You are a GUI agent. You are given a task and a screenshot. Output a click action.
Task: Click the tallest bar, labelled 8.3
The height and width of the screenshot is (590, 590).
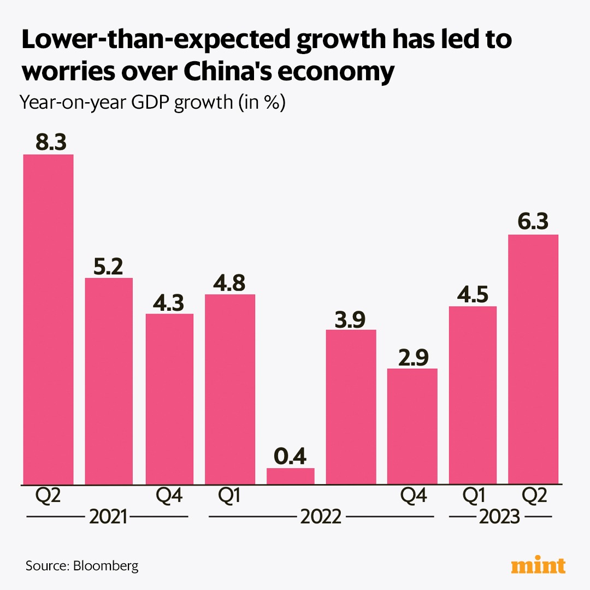(48, 319)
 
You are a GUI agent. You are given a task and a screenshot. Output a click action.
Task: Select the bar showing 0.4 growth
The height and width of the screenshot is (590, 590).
(291, 476)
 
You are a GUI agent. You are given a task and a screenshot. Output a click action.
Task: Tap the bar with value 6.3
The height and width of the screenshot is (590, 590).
(533, 359)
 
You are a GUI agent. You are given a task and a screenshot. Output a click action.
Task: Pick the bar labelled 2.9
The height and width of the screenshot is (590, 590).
(412, 426)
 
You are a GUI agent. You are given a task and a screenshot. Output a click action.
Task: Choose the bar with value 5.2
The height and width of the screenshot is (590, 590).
(109, 381)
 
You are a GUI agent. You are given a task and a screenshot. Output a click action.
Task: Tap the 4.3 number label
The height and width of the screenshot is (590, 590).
(169, 303)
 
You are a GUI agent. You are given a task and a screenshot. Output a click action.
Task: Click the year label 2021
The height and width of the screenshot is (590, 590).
(108, 517)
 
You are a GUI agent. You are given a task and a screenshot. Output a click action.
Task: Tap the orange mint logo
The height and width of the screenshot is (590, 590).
(538, 565)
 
